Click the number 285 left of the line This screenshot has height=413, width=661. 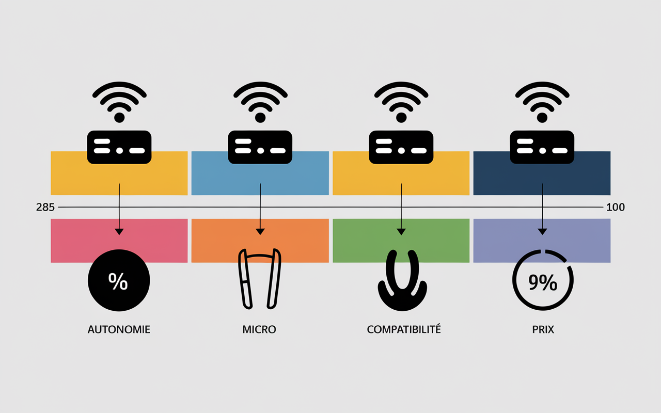tap(45, 208)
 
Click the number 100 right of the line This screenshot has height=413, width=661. tap(615, 208)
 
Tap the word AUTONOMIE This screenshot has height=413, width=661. tap(119, 329)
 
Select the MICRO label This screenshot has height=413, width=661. tap(259, 329)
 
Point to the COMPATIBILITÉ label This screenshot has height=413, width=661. tap(404, 329)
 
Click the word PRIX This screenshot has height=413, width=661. tap(543, 329)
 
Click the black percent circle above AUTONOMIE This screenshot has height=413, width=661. tap(119, 280)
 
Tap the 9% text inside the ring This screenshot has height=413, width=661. tap(543, 282)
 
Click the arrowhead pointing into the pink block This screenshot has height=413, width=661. tap(119, 232)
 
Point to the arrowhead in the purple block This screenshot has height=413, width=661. tap(542, 232)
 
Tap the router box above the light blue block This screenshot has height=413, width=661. tap(260, 147)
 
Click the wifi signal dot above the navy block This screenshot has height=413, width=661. tap(542, 117)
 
